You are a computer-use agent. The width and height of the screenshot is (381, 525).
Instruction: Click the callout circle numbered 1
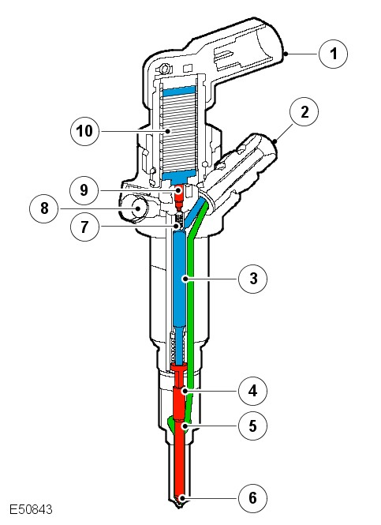pos(333,54)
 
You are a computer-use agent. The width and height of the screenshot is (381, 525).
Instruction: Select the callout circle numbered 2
pos(304,112)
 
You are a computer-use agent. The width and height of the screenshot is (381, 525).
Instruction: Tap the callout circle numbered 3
pos(253,279)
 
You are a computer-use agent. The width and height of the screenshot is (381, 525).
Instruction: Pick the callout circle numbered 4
pos(253,391)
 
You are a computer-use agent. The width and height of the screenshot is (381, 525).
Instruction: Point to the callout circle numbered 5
pos(253,426)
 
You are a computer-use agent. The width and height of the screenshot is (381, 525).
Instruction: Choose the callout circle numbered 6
pos(253,498)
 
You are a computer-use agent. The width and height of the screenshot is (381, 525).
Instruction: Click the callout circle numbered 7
pos(84,227)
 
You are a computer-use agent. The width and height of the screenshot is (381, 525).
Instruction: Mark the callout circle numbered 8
pos(44,208)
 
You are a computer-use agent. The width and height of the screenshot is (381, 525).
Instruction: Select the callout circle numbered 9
pos(84,190)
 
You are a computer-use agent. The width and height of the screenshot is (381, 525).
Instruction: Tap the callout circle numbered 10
pos(84,131)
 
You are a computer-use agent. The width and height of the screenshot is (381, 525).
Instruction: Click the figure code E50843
pos(31,509)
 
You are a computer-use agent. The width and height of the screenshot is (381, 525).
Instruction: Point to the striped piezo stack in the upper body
pos(178,132)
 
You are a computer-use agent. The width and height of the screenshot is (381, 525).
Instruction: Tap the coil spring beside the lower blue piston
pos(173,348)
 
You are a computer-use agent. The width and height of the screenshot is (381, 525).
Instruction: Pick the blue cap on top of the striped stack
pos(178,90)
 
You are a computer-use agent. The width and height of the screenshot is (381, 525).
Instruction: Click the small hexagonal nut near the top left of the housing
pos(164,69)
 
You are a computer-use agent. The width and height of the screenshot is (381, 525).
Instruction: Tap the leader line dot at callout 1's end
pos(286,54)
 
